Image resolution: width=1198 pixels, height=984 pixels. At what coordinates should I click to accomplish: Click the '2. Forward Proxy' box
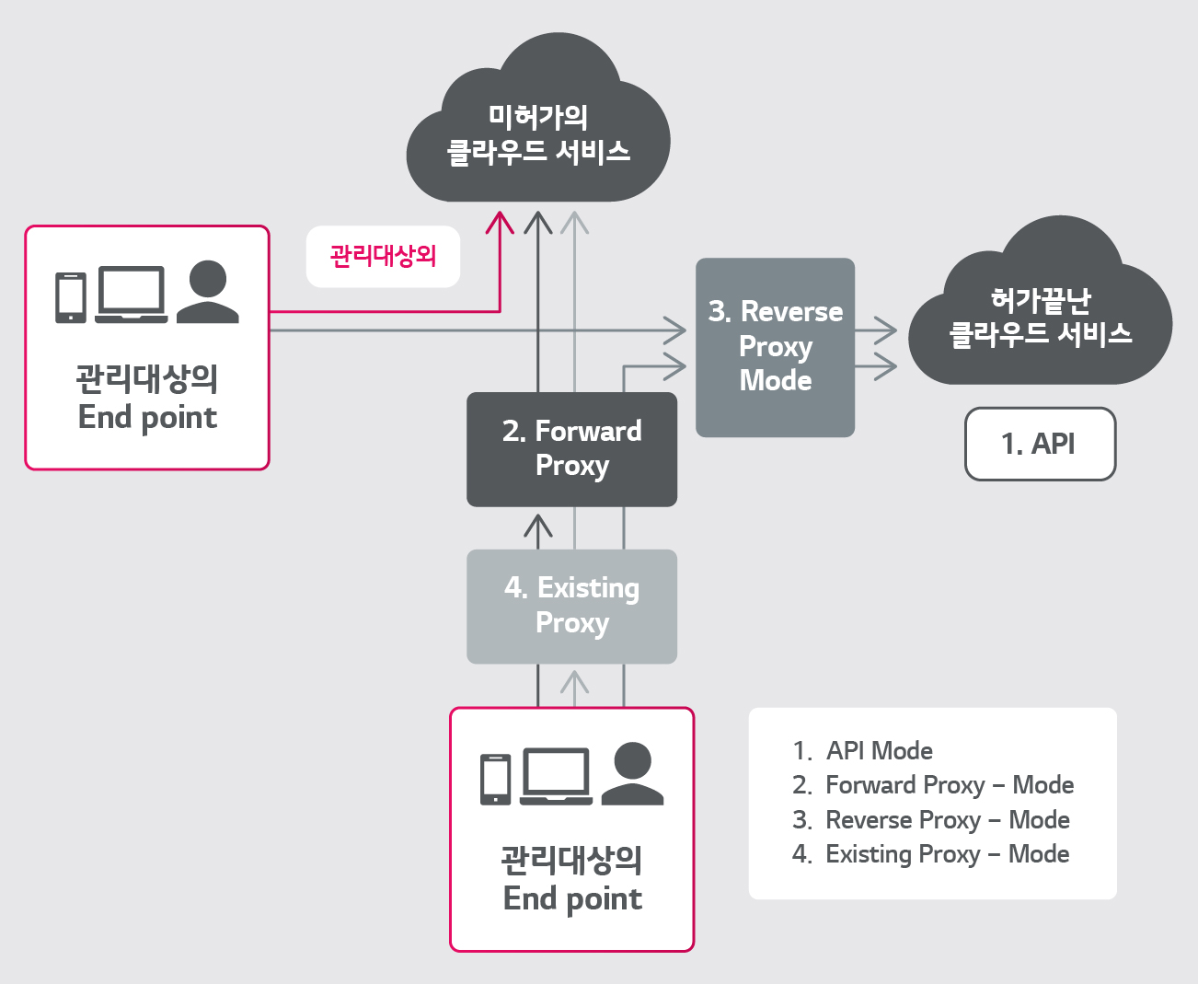click(571, 449)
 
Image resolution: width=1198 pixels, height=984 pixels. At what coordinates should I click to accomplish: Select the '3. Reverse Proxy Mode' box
click(775, 347)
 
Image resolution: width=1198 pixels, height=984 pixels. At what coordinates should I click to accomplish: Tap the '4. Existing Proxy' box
click(571, 606)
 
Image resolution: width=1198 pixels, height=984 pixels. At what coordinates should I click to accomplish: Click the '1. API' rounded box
click(1040, 444)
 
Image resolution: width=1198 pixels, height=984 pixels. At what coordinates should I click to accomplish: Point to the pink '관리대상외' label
click(383, 256)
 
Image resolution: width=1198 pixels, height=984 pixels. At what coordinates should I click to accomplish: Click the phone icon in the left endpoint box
click(71, 296)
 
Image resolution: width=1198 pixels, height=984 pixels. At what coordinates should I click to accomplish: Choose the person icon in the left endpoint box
click(208, 292)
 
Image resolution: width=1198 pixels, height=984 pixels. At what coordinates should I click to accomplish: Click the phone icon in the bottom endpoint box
click(495, 779)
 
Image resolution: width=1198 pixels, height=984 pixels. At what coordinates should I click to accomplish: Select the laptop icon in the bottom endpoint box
click(556, 776)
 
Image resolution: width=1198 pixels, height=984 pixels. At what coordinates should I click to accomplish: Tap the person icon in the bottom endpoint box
click(632, 774)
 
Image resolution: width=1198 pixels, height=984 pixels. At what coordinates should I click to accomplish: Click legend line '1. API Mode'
click(862, 751)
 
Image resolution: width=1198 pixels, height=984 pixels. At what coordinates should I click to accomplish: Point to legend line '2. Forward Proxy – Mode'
click(933, 785)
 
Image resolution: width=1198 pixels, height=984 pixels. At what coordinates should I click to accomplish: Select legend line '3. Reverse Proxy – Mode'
click(930, 820)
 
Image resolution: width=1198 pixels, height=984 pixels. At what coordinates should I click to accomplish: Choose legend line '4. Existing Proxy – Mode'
click(930, 854)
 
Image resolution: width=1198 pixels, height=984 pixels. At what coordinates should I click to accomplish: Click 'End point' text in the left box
click(147, 417)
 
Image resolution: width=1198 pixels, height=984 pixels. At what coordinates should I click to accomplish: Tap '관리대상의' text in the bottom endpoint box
click(571, 860)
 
